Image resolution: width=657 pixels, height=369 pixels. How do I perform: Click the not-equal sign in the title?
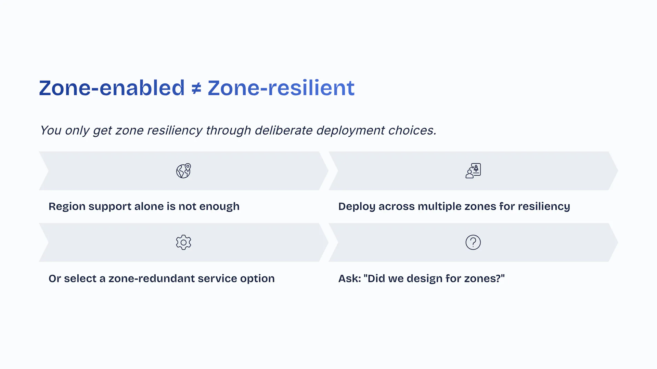click(x=196, y=88)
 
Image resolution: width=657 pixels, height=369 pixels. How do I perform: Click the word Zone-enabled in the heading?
click(x=112, y=88)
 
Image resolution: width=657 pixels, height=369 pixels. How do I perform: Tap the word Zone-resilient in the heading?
click(x=281, y=88)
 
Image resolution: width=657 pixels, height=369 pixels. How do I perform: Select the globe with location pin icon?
click(x=183, y=171)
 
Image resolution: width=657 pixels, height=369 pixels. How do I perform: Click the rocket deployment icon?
click(x=473, y=171)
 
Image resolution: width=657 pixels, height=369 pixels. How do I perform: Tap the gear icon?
click(x=183, y=242)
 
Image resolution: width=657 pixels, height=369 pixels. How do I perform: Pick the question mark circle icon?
click(x=473, y=242)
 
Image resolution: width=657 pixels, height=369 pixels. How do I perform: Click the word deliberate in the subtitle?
click(x=283, y=130)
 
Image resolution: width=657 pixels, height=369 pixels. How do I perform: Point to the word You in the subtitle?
click(x=51, y=130)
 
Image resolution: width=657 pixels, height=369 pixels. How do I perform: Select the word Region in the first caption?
click(x=67, y=207)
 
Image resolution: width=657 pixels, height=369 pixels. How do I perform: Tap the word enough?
click(x=219, y=207)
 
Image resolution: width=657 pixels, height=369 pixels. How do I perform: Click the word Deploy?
click(x=357, y=207)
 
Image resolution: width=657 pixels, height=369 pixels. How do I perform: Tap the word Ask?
click(x=350, y=278)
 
